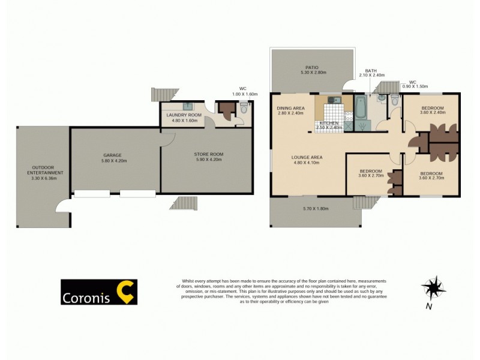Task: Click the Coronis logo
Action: [x=99, y=292]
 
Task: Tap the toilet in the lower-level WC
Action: [x=243, y=109]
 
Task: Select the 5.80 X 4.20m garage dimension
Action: [x=115, y=161]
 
